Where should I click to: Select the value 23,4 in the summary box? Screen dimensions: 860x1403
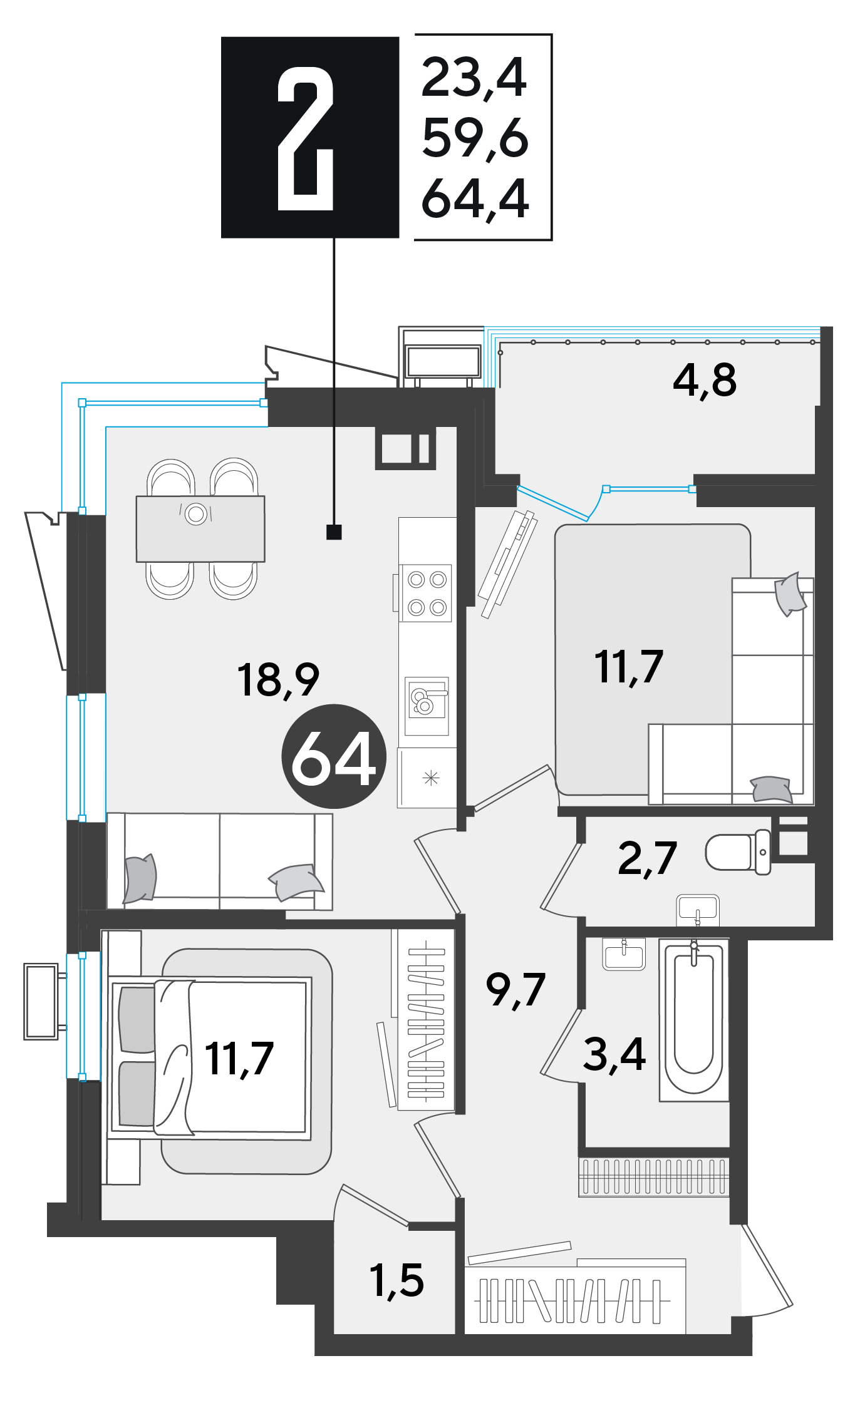coord(474,78)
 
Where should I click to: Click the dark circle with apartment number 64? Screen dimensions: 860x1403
coord(334,756)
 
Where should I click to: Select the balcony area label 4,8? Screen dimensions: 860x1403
coord(705,380)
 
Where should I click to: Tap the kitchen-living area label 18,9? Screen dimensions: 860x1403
coord(278,680)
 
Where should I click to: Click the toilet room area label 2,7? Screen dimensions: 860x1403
coord(647,858)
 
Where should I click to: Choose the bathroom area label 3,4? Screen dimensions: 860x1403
coord(614,1054)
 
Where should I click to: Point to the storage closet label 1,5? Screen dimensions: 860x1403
coord(396,1280)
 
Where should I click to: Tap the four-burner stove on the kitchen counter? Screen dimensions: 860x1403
coord(427,592)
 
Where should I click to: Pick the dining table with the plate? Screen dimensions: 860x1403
coord(200,529)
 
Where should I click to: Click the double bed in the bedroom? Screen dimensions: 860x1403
coord(210,1057)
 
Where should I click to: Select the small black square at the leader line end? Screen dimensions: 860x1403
coord(334,532)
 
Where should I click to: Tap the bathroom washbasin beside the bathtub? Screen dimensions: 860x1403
coord(624,954)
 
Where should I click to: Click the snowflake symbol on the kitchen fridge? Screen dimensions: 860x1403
coord(431,778)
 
